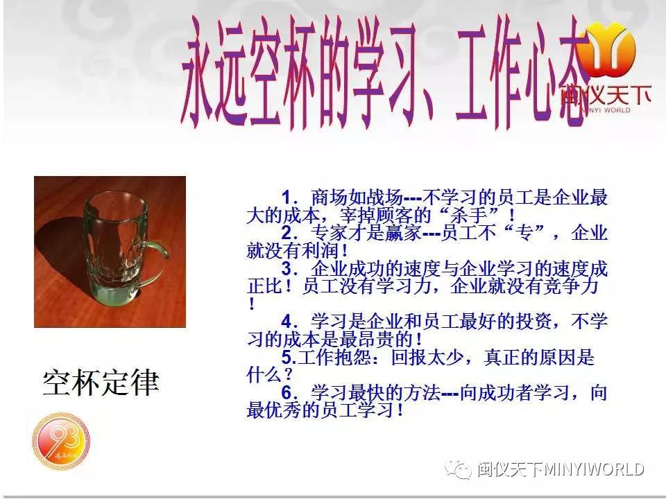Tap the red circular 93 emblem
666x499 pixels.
click(x=62, y=441)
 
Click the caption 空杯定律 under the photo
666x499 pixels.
click(x=101, y=383)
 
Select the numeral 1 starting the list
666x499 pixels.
click(x=287, y=198)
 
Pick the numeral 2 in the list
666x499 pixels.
click(x=287, y=233)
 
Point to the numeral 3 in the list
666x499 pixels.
click(x=287, y=269)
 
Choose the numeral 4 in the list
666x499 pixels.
click(x=287, y=321)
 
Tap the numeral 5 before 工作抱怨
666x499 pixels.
click(x=287, y=358)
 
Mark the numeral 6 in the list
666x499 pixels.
click(x=287, y=392)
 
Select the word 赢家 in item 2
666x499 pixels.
click(x=404, y=233)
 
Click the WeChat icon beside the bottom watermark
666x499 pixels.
click(x=459, y=469)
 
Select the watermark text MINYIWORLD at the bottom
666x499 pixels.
click(x=594, y=469)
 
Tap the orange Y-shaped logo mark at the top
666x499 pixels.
click(x=608, y=48)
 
